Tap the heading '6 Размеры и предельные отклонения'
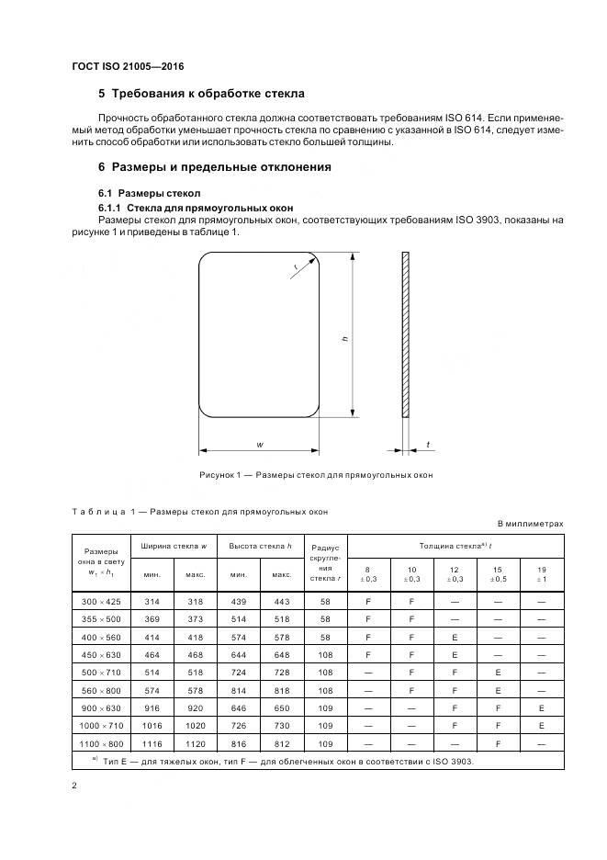click(214, 167)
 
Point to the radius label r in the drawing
click(296, 266)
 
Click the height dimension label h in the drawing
click(345, 339)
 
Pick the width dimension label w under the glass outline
click(261, 444)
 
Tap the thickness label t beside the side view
click(428, 445)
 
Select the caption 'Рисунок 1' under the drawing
click(315, 475)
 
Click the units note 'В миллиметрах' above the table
click(530, 524)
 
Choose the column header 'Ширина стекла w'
click(174, 546)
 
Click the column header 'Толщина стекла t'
click(455, 546)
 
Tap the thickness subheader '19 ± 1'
click(542, 574)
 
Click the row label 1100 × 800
click(101, 742)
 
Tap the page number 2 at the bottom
click(74, 786)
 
